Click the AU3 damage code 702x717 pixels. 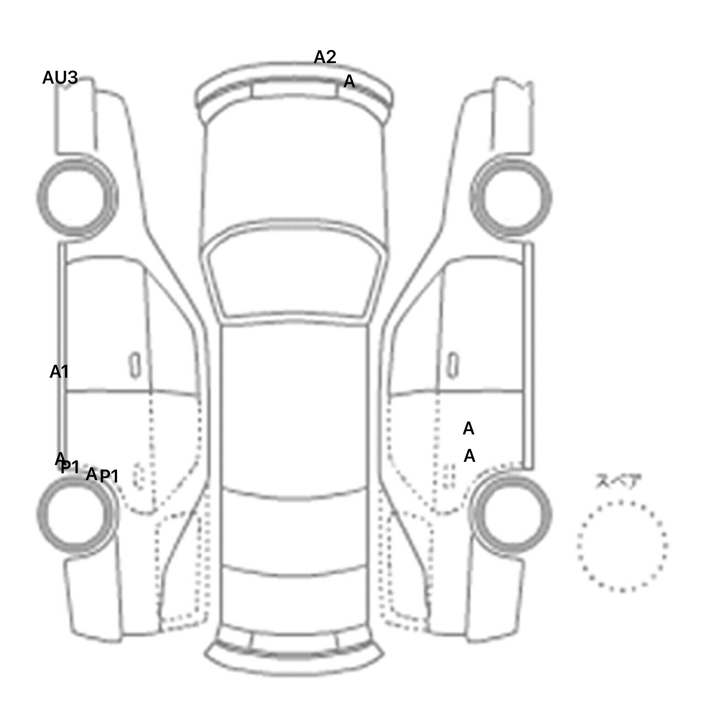(60, 78)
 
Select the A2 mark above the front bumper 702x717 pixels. (325, 57)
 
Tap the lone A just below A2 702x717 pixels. (349, 82)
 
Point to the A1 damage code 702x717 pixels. (59, 372)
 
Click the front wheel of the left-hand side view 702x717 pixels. (77, 197)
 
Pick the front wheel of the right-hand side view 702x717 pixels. (511, 197)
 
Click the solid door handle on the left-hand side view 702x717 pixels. (135, 365)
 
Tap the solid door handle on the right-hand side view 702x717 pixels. (453, 365)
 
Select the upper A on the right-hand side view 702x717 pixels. (468, 429)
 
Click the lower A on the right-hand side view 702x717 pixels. (469, 456)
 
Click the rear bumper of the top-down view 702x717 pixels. (294, 658)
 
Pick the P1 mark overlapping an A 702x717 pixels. (70, 467)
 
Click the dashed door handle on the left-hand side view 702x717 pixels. (138, 476)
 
